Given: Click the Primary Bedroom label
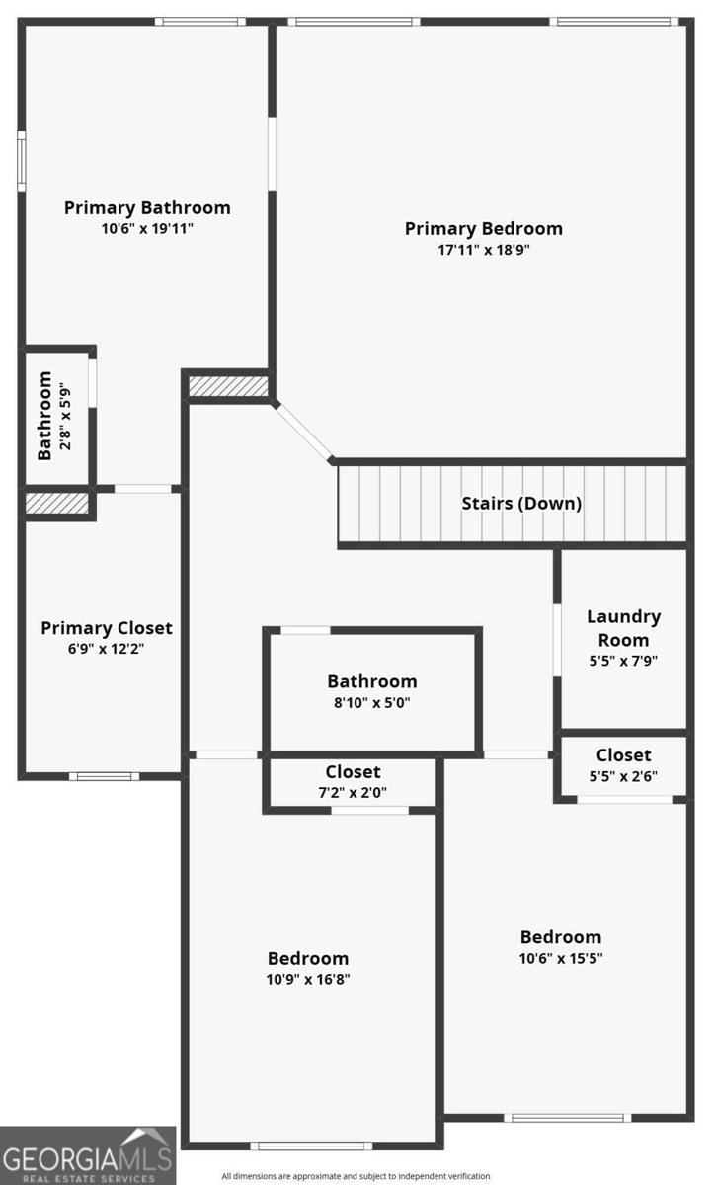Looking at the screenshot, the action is click(x=484, y=228).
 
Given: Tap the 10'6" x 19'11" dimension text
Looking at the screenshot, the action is click(x=147, y=228).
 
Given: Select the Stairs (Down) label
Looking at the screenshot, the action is click(x=521, y=503).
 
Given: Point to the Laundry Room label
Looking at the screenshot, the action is click(x=624, y=628).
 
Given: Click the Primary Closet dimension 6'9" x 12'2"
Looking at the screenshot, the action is click(x=106, y=649).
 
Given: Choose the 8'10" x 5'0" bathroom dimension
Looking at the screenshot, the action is click(x=372, y=702).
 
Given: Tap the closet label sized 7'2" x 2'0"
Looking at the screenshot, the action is click(x=353, y=772).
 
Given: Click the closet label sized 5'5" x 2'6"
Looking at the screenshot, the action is click(x=624, y=754).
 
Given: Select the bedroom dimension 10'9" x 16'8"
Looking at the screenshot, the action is click(x=308, y=979).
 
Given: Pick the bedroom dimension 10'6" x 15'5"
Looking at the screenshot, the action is click(x=561, y=958).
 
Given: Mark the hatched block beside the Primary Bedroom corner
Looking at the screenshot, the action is click(x=228, y=386).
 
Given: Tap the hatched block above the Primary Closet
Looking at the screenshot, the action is click(x=56, y=503).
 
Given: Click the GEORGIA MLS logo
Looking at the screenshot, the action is click(x=88, y=1156).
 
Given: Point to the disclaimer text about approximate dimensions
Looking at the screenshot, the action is click(x=356, y=1176).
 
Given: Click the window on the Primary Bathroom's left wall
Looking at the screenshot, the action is click(x=22, y=161).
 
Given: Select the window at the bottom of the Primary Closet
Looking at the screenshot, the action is click(x=105, y=776).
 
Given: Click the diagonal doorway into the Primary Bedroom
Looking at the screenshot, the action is click(x=303, y=432).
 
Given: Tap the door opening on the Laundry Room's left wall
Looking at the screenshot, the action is click(x=557, y=640).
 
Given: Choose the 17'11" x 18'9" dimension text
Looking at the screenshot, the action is click(x=484, y=250).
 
